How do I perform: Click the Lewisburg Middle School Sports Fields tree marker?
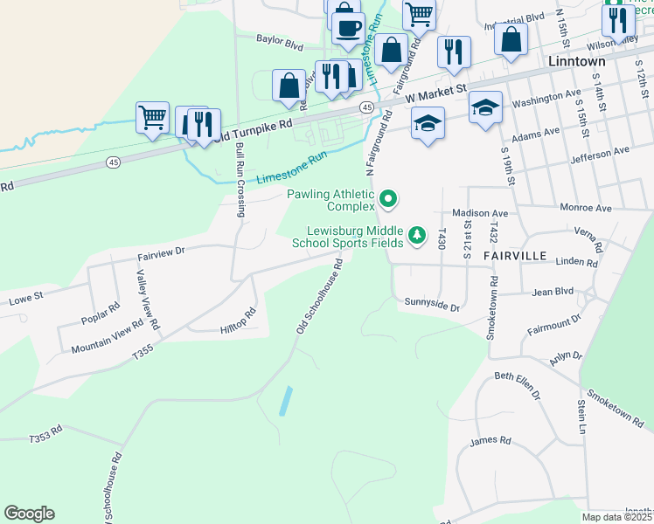(x=418, y=235)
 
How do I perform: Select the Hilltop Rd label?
(x=239, y=319)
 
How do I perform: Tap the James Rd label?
(x=484, y=441)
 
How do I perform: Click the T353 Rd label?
(x=46, y=434)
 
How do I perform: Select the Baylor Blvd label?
(x=279, y=41)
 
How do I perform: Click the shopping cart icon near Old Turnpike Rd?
(x=153, y=117)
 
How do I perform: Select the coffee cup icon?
(x=348, y=26)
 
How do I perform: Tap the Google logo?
(x=29, y=514)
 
